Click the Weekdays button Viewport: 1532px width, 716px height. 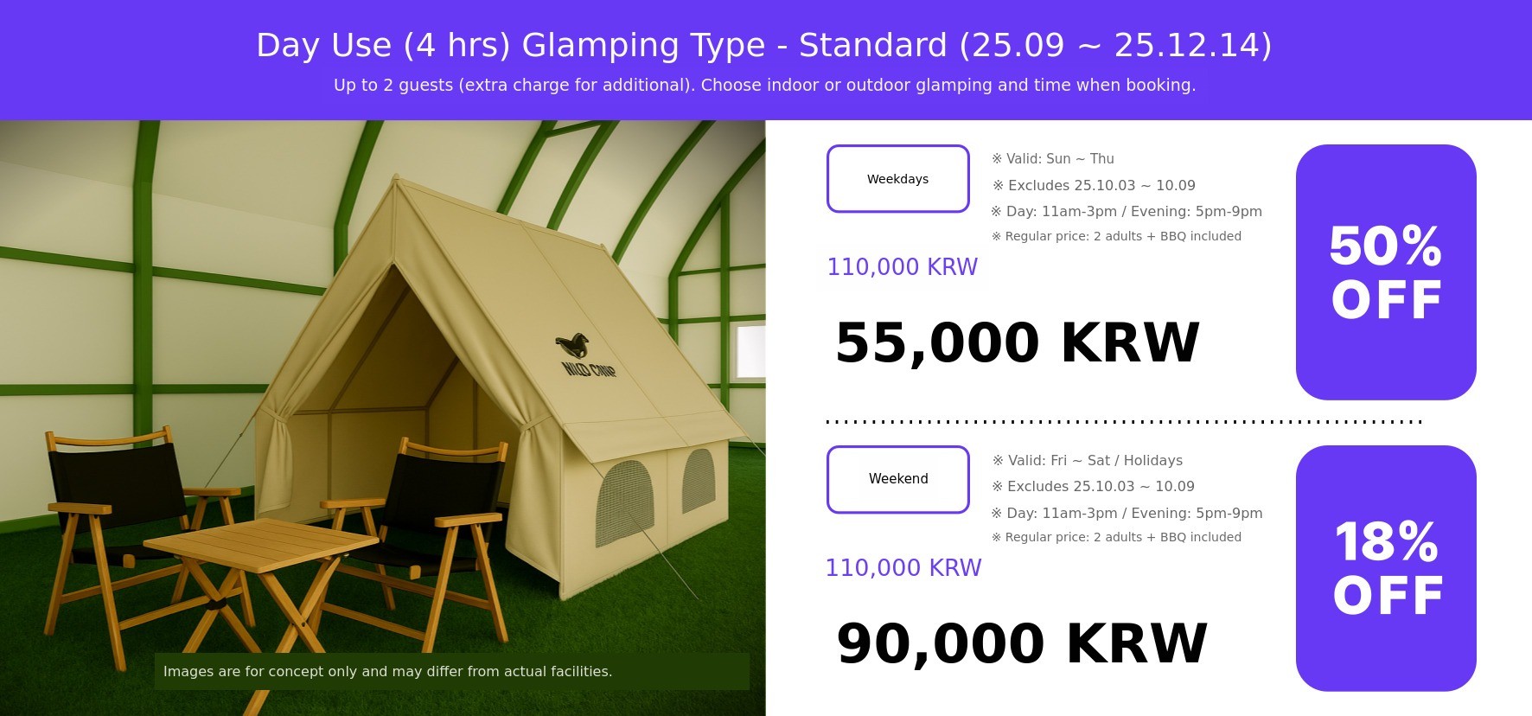[898, 178]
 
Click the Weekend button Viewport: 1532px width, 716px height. [898, 479]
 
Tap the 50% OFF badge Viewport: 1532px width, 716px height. [1386, 272]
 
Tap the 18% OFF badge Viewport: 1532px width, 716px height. [1386, 568]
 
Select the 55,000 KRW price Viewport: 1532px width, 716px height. [1018, 342]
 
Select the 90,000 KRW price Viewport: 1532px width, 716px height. [1022, 643]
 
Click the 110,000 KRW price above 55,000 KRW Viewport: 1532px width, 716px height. [902, 266]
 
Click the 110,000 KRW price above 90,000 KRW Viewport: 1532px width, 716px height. [903, 567]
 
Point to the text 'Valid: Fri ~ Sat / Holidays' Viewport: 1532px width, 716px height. [1087, 461]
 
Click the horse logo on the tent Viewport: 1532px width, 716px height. [572, 345]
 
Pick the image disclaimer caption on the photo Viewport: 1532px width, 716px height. [387, 671]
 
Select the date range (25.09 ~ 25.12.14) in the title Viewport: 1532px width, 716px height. [1114, 45]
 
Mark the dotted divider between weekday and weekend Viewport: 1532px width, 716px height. [1124, 422]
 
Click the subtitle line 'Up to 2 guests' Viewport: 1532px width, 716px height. [764, 85]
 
